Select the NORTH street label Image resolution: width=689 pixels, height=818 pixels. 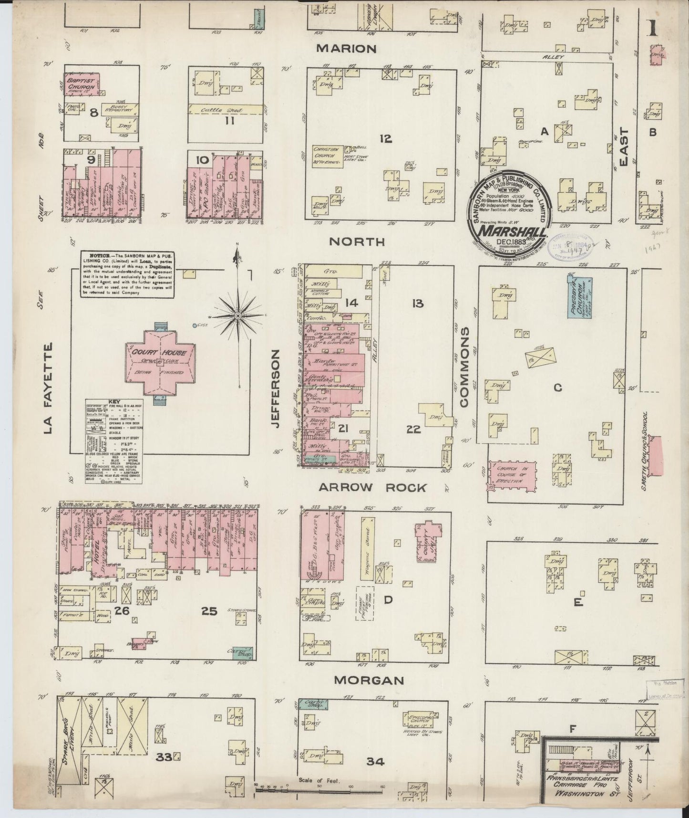click(x=357, y=242)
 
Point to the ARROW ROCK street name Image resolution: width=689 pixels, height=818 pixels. click(x=372, y=487)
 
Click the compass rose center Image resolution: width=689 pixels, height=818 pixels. click(x=237, y=316)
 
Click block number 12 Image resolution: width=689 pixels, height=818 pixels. click(x=386, y=139)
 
